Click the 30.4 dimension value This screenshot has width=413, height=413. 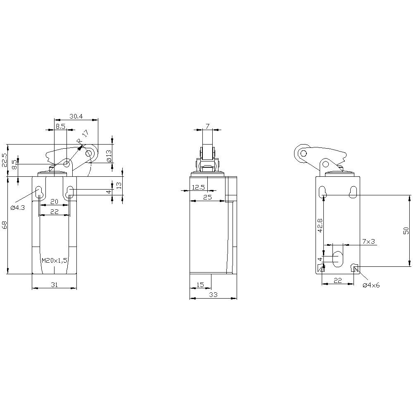[x=76, y=116]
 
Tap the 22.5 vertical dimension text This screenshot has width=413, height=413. [x=5, y=160]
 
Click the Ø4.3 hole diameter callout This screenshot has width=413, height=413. [x=17, y=207]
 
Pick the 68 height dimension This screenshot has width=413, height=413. [x=5, y=225]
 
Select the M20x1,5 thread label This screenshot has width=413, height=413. [x=55, y=260]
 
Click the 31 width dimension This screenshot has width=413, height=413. [x=54, y=285]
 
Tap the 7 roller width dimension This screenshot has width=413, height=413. [x=207, y=126]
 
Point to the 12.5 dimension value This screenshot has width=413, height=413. [x=198, y=188]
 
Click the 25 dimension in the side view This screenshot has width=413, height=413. [x=207, y=197]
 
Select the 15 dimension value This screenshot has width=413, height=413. [x=200, y=285]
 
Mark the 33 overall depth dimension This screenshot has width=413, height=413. [x=213, y=294]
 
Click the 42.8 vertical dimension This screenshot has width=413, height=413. [x=320, y=225]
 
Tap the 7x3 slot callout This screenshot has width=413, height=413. [x=368, y=241]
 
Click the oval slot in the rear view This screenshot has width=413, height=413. [x=338, y=259]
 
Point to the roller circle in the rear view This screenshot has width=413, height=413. [x=304, y=154]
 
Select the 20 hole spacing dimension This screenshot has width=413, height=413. [x=54, y=202]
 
